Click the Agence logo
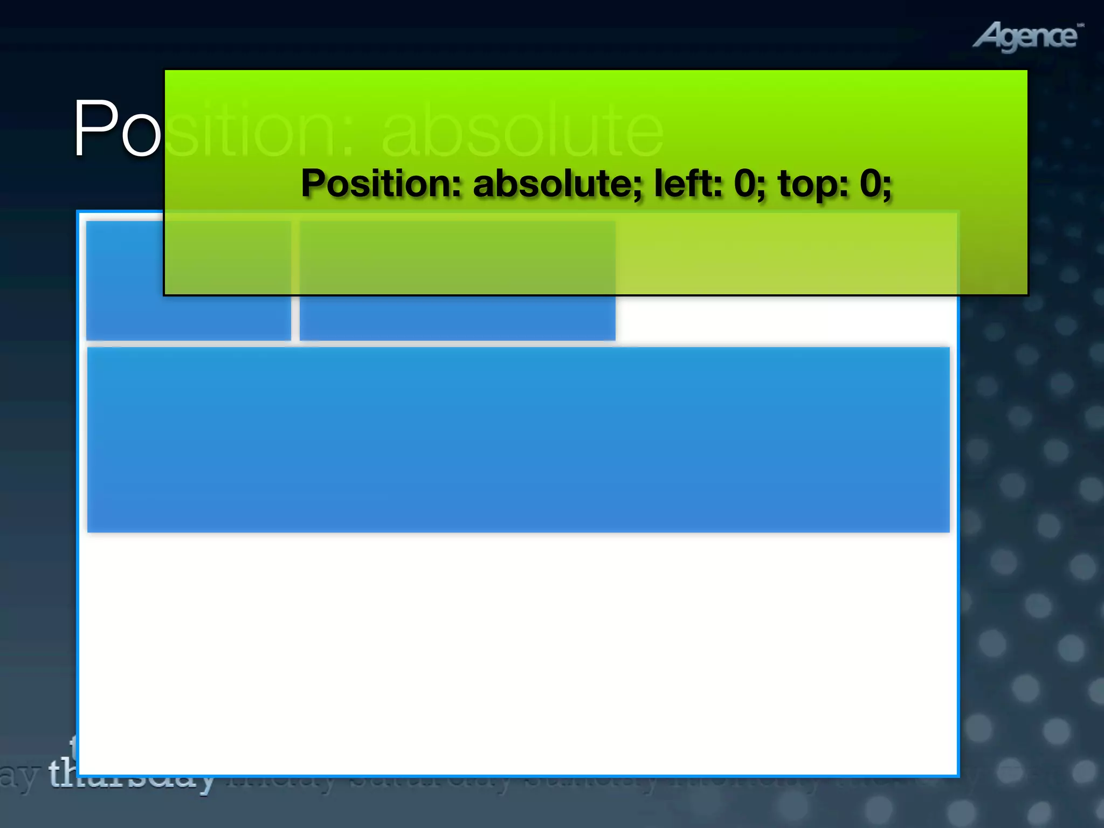coord(1027,37)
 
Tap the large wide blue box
coord(518,439)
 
